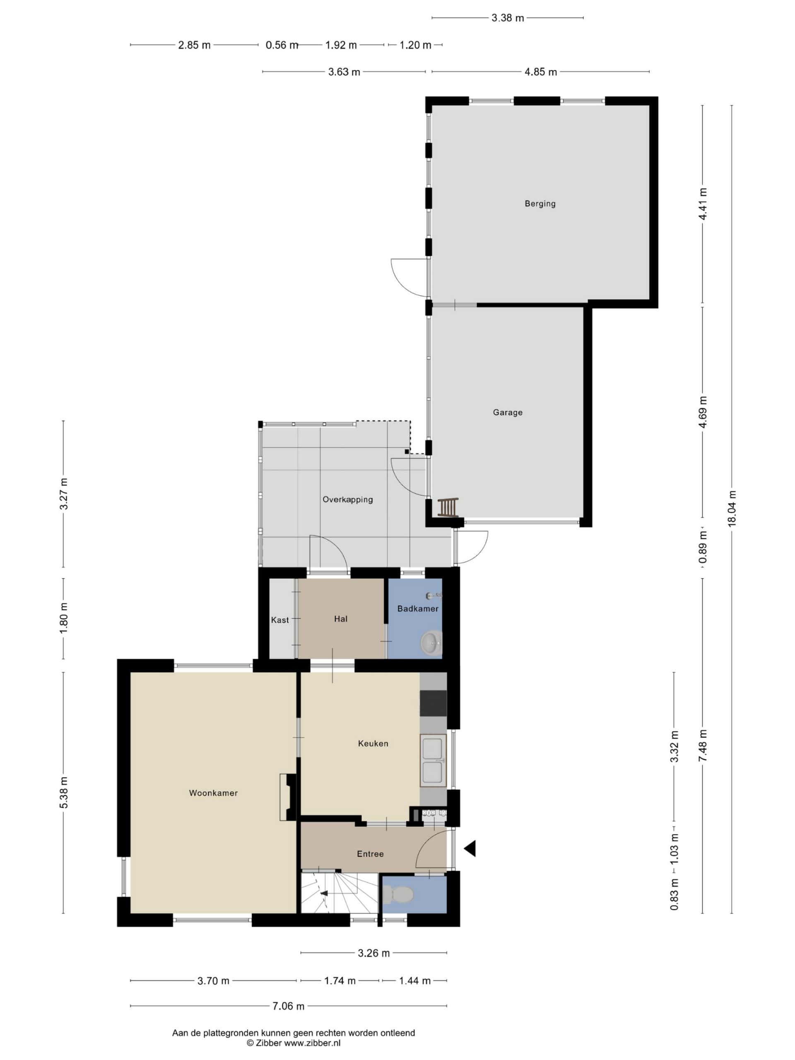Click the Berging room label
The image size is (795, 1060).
540,204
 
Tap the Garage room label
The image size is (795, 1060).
508,412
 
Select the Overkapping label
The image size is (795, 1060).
347,499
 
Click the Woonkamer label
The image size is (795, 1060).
213,793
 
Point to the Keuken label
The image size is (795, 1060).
373,743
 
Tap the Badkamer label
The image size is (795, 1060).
418,609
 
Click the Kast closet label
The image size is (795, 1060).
280,620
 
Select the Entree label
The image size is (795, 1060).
370,854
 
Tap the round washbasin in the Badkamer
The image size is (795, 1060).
431,643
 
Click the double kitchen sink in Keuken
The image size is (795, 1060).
433,760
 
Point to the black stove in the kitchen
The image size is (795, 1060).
433,703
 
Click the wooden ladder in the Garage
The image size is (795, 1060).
448,508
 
